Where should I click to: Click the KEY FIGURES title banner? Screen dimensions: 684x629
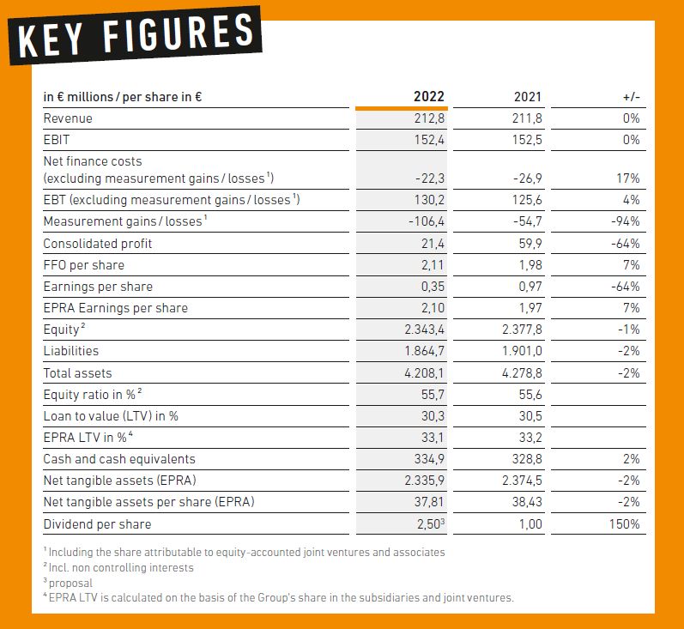[136, 35]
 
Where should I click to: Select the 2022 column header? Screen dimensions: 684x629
[429, 96]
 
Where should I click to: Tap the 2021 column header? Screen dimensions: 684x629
[528, 96]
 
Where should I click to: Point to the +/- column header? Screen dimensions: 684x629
[631, 97]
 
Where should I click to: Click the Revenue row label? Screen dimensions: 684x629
[68, 118]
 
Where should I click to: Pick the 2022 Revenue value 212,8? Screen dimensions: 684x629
[429, 118]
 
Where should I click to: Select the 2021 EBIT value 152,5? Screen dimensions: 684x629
[527, 140]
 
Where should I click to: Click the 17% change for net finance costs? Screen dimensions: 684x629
[628, 178]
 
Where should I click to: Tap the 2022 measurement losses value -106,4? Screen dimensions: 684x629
[427, 221]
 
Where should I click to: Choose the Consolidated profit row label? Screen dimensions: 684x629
[98, 244]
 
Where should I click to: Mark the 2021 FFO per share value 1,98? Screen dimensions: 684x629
[530, 265]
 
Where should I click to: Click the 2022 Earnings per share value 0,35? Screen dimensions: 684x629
[433, 286]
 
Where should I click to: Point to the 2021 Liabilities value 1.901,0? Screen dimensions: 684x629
[522, 351]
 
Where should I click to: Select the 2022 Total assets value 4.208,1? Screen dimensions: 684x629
[425, 373]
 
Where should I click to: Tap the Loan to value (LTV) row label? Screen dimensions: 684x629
[111, 415]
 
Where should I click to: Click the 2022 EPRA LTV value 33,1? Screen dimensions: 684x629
[433, 437]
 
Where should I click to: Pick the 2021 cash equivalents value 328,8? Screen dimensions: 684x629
[527, 459]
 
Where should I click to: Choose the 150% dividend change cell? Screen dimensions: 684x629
[625, 523]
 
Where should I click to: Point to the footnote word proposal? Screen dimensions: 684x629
[70, 584]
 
